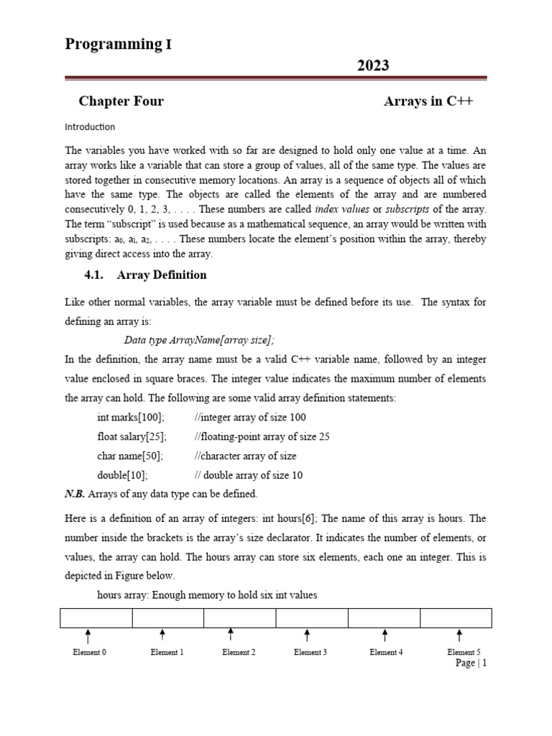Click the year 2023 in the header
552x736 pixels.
click(x=373, y=65)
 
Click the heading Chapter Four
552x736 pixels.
click(x=121, y=101)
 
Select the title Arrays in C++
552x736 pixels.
click(x=428, y=101)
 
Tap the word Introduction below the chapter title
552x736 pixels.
click(x=90, y=127)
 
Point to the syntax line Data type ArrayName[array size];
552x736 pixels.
click(x=199, y=341)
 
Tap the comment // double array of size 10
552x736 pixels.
click(x=248, y=475)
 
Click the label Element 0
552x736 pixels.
click(x=90, y=653)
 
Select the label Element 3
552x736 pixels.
click(x=310, y=653)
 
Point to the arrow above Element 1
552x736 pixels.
click(x=162, y=635)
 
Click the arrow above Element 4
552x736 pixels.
click(x=385, y=635)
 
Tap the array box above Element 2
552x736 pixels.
click(x=239, y=618)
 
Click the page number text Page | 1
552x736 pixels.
click(x=471, y=663)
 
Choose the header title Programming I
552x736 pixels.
click(x=119, y=45)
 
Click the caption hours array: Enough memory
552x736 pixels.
click(x=207, y=595)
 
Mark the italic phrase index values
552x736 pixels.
click(x=341, y=209)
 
